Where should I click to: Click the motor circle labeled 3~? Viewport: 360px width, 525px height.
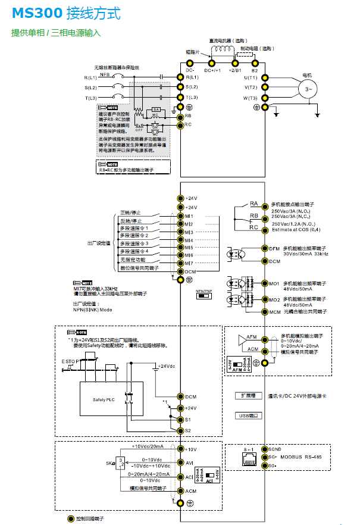(309, 89)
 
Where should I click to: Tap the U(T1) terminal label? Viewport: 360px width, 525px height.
(250, 77)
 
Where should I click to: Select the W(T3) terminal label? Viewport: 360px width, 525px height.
(250, 98)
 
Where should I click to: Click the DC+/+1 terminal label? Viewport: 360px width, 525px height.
(212, 70)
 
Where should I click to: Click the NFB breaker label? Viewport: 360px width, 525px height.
(104, 75)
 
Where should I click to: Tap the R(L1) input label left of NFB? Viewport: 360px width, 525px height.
(90, 78)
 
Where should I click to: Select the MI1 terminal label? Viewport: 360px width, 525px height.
(189, 215)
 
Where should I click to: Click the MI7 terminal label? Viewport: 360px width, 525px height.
(189, 262)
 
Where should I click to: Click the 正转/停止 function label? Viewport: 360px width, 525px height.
(131, 212)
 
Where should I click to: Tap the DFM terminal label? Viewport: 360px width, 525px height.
(274, 249)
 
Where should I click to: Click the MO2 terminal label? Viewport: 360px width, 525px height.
(274, 299)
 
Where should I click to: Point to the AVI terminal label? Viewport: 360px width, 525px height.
(190, 462)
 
